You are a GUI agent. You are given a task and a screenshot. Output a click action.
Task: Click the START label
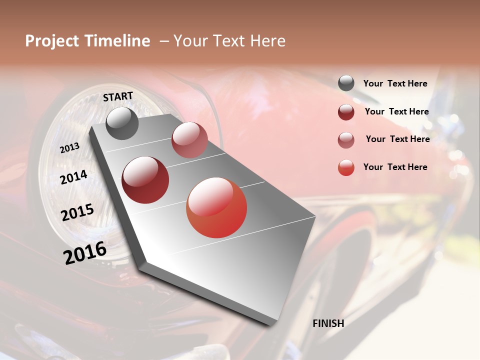click(118, 96)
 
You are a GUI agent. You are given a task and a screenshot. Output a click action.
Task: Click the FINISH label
click(328, 323)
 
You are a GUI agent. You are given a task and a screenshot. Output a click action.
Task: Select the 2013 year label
click(69, 148)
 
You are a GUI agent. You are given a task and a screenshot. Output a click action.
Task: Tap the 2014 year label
click(73, 177)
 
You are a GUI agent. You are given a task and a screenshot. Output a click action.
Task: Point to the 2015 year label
click(77, 212)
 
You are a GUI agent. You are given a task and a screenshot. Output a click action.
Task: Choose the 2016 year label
click(85, 253)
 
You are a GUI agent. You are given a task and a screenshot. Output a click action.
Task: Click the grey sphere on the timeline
click(122, 123)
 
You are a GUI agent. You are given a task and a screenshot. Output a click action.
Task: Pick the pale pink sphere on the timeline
click(189, 140)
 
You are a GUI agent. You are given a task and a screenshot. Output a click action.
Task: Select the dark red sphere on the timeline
click(145, 180)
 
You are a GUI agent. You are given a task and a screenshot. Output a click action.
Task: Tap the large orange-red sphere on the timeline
click(216, 207)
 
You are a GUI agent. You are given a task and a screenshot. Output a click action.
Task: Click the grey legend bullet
click(346, 83)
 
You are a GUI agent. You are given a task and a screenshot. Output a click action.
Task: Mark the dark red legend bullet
click(346, 112)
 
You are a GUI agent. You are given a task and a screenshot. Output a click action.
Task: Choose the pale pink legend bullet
click(346, 139)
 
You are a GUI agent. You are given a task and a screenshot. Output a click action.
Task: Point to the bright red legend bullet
click(346, 167)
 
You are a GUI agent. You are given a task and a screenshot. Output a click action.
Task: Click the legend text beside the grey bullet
click(395, 83)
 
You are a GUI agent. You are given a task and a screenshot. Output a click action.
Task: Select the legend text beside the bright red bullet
click(395, 167)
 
